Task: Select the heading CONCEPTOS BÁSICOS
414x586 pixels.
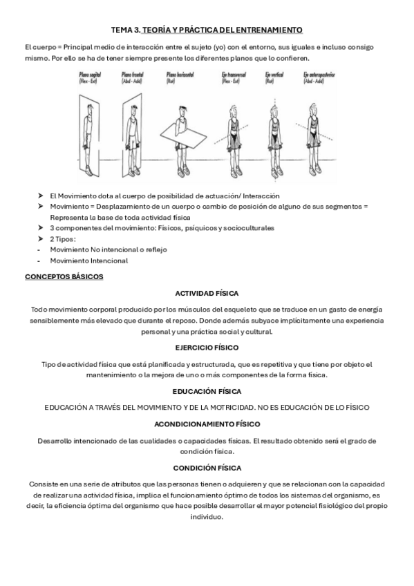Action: click(x=64, y=276)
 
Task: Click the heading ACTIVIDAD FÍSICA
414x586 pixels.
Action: click(x=207, y=293)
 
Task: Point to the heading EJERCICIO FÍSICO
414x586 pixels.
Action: click(x=207, y=347)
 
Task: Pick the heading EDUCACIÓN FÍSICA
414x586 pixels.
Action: click(x=207, y=391)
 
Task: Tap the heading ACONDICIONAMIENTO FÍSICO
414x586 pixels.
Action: click(x=207, y=424)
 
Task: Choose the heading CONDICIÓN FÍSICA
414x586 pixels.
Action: click(x=207, y=467)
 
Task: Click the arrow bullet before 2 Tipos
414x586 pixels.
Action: click(x=40, y=238)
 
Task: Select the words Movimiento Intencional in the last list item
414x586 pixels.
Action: click(x=88, y=261)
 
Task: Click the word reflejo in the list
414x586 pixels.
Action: click(x=153, y=249)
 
